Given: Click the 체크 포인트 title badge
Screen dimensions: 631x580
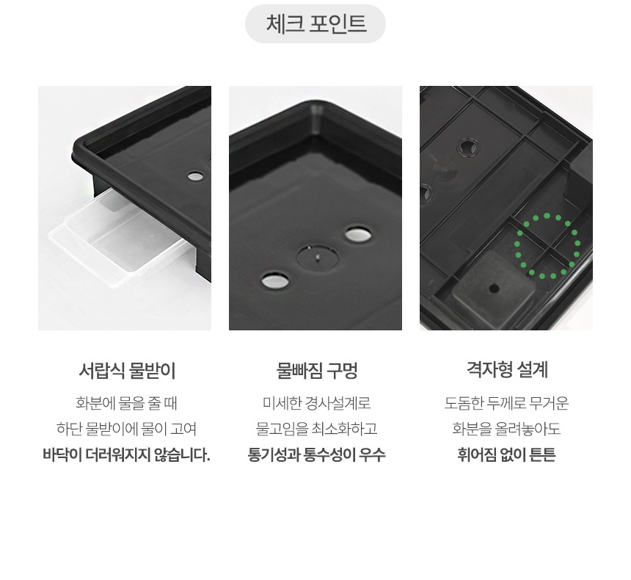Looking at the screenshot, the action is coord(315,23).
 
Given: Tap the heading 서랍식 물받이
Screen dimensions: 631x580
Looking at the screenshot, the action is coord(127,371).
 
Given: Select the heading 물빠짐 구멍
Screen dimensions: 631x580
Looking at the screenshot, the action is coord(317,371).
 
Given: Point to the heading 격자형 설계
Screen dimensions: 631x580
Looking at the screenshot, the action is coord(507,370).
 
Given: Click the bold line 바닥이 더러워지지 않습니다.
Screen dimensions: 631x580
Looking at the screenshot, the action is coord(127,454).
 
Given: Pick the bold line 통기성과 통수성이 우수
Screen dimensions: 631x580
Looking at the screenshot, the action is coord(317,454).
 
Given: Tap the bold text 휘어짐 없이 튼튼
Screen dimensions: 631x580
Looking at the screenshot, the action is coord(507,454).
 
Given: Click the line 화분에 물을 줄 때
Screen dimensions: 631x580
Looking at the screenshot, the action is coord(127,403).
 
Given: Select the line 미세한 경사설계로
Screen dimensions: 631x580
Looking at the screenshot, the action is coord(317,403).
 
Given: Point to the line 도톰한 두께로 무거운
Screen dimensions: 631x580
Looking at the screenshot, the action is coord(507,403).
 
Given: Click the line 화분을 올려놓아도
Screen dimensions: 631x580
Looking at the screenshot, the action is coord(507,429).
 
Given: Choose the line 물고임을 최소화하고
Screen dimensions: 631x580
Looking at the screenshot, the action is coord(317,429).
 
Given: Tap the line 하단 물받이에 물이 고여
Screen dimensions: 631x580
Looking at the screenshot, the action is coord(127,429).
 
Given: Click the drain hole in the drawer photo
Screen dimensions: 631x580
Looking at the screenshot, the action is coord(196,176).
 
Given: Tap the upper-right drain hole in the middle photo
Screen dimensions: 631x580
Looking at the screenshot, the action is coord(358,234).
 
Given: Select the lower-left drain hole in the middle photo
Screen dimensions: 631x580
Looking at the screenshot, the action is coord(275,280).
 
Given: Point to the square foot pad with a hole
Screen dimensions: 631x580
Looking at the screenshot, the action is coord(493,289).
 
